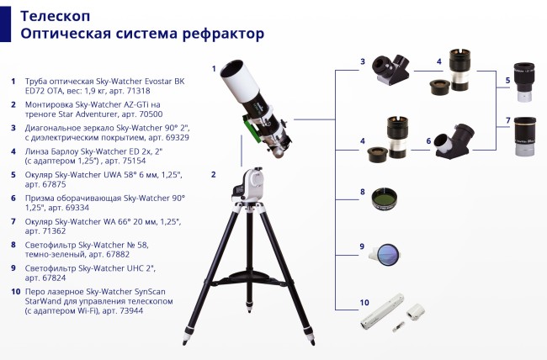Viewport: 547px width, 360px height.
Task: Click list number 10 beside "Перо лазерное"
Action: (13, 291)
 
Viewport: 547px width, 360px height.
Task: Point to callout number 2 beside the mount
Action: (214, 174)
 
